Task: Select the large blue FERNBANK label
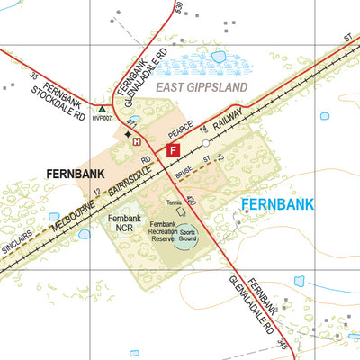tap(277, 204)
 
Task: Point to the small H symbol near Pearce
tap(137, 141)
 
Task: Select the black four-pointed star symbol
tap(127, 132)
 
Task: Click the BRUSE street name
tap(184, 166)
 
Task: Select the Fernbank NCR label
tap(124, 224)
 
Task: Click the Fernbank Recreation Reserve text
tap(162, 231)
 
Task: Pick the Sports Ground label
tap(188, 235)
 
